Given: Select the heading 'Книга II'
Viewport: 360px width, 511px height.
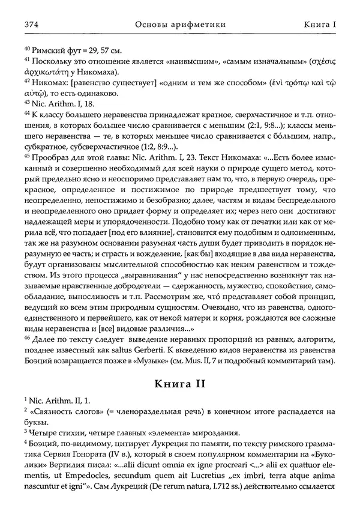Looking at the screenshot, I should point(179,384).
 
